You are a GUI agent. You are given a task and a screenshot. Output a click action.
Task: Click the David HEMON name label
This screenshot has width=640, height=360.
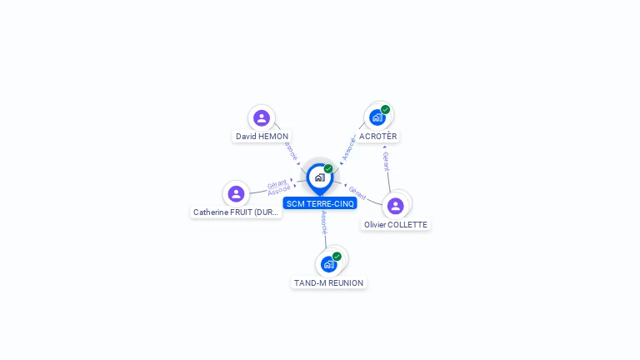pyautogui.click(x=262, y=136)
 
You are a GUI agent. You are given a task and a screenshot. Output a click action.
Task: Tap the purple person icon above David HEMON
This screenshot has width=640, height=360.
pyautogui.click(x=262, y=117)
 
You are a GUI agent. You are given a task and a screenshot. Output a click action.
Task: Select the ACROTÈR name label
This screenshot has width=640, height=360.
pyautogui.click(x=378, y=136)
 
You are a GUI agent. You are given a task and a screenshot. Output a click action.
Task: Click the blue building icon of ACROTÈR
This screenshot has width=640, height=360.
pyautogui.click(x=377, y=118)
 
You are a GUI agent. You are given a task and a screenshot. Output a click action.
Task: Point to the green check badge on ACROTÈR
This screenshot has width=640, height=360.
pyautogui.click(x=386, y=109)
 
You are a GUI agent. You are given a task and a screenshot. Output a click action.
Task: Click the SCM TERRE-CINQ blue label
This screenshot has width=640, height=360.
pyautogui.click(x=320, y=203)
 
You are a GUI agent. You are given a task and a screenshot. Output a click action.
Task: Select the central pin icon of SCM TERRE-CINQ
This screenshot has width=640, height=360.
pyautogui.click(x=319, y=177)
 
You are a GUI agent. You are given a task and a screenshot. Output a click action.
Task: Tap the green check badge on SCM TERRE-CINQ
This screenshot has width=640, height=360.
pyautogui.click(x=328, y=168)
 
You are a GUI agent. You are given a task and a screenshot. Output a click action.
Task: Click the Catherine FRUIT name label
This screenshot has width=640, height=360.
pyautogui.click(x=236, y=212)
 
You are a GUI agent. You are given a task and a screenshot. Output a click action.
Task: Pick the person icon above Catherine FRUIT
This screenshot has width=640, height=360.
pyautogui.click(x=236, y=193)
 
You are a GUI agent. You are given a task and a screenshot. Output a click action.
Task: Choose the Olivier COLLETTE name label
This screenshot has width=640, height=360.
pyautogui.click(x=396, y=225)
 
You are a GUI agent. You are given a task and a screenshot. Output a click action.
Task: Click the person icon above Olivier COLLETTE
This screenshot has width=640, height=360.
pyautogui.click(x=396, y=205)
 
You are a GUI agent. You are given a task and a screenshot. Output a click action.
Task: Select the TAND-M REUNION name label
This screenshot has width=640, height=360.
pyautogui.click(x=329, y=283)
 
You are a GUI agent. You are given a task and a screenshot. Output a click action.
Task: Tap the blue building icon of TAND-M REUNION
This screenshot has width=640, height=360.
pyautogui.click(x=328, y=265)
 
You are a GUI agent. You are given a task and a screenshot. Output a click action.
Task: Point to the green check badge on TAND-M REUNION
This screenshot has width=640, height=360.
pyautogui.click(x=337, y=257)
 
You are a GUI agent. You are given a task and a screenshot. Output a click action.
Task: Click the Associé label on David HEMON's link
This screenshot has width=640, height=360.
pyautogui.click(x=290, y=150)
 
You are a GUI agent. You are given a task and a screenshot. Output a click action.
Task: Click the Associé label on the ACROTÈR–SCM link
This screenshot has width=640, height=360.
pyautogui.click(x=350, y=147)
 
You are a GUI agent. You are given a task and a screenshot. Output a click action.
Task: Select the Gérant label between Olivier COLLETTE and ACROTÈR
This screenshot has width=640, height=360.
pyautogui.click(x=386, y=161)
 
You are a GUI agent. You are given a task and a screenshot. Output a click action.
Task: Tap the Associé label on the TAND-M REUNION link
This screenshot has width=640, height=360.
pyautogui.click(x=324, y=222)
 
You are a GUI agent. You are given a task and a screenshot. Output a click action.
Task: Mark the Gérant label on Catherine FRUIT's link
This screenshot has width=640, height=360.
pyautogui.click(x=277, y=183)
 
